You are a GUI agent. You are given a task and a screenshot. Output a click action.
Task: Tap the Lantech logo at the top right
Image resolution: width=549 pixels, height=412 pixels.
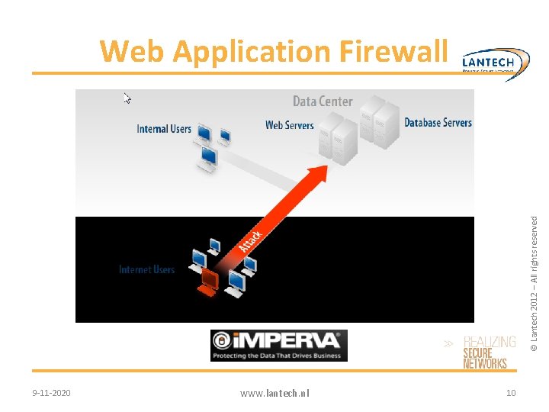point(495,61)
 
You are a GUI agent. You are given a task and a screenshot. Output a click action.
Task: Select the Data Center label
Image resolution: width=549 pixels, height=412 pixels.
point(323,101)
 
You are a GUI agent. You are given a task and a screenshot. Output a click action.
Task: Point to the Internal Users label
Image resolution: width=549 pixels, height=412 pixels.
point(164,129)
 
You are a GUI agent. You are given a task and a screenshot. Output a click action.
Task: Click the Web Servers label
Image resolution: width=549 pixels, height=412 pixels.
point(289,125)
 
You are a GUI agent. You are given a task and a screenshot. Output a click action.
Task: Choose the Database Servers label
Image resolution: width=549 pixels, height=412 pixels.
point(438,122)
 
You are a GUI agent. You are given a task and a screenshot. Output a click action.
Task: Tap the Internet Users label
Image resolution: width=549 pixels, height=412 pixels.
point(146,269)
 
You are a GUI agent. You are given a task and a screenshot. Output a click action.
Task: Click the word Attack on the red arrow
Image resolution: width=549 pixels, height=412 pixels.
point(252,242)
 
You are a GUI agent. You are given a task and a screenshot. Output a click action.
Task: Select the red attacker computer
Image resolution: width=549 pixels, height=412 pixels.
point(207,282)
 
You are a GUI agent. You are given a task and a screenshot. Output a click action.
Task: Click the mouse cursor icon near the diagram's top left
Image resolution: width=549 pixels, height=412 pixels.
point(128,98)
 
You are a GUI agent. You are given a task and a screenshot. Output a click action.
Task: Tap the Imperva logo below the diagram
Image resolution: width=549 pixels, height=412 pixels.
point(278,345)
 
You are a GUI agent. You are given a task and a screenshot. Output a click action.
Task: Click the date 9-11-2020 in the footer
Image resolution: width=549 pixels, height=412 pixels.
point(52,393)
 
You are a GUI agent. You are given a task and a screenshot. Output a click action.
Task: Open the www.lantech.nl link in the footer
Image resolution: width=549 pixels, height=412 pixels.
point(274,393)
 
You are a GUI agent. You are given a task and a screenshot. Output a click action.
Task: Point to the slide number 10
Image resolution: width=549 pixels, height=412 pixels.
point(511,393)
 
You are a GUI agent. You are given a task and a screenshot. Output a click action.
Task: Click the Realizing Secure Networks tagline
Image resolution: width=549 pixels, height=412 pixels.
point(488,352)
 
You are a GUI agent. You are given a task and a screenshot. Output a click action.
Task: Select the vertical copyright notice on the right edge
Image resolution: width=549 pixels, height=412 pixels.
point(535,282)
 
